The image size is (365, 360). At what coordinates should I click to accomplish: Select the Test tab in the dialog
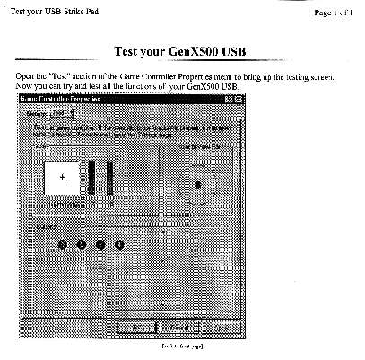click(x=60, y=114)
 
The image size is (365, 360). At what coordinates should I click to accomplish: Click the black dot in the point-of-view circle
click(x=197, y=185)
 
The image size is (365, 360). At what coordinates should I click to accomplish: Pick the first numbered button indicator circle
click(x=63, y=243)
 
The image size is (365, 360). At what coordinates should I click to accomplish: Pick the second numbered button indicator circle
click(x=82, y=243)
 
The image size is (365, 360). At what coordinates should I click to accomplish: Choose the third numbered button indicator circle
click(x=100, y=243)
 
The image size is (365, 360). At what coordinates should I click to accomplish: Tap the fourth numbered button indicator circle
click(x=119, y=243)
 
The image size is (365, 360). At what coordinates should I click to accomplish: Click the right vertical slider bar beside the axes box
click(x=109, y=178)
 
